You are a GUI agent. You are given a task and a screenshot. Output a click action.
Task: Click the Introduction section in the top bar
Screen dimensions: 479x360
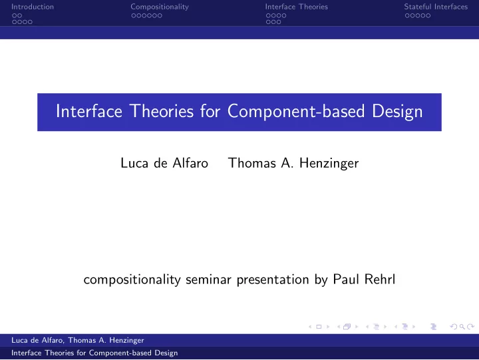33,7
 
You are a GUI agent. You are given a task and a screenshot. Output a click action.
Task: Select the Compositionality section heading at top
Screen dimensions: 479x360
160,7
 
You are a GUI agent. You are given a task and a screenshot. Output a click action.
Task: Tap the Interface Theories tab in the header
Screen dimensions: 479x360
296,7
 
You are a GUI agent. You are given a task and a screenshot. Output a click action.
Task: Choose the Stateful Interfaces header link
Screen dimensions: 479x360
436,7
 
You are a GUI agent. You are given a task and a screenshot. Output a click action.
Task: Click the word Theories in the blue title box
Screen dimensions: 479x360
162,110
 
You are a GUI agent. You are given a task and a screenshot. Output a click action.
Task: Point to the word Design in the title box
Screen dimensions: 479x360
397,112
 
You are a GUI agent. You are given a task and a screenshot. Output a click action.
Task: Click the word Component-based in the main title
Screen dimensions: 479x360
296,111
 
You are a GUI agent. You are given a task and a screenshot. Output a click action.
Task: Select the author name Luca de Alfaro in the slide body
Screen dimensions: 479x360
164,163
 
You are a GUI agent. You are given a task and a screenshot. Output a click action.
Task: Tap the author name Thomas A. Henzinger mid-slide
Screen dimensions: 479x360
293,163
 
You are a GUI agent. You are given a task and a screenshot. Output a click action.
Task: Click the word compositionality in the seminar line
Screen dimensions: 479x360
132,279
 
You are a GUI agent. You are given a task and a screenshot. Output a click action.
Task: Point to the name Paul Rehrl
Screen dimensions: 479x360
364,279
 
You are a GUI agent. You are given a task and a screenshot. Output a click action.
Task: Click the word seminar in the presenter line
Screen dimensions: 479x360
208,279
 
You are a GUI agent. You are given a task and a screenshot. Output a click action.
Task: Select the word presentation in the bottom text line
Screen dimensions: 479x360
273,280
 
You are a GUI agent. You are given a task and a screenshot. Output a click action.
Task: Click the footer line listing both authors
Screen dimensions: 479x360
78,340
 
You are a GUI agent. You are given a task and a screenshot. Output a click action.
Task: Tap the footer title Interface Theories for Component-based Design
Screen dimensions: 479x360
94,353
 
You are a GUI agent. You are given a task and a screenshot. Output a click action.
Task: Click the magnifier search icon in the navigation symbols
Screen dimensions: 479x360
462,327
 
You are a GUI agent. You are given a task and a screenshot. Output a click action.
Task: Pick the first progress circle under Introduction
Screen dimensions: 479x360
15,15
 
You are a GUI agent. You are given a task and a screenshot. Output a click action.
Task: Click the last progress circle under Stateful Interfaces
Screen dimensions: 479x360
428,15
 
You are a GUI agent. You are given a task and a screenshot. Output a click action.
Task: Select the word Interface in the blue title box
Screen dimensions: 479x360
89,110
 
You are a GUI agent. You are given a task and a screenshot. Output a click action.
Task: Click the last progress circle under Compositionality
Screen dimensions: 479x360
160,15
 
